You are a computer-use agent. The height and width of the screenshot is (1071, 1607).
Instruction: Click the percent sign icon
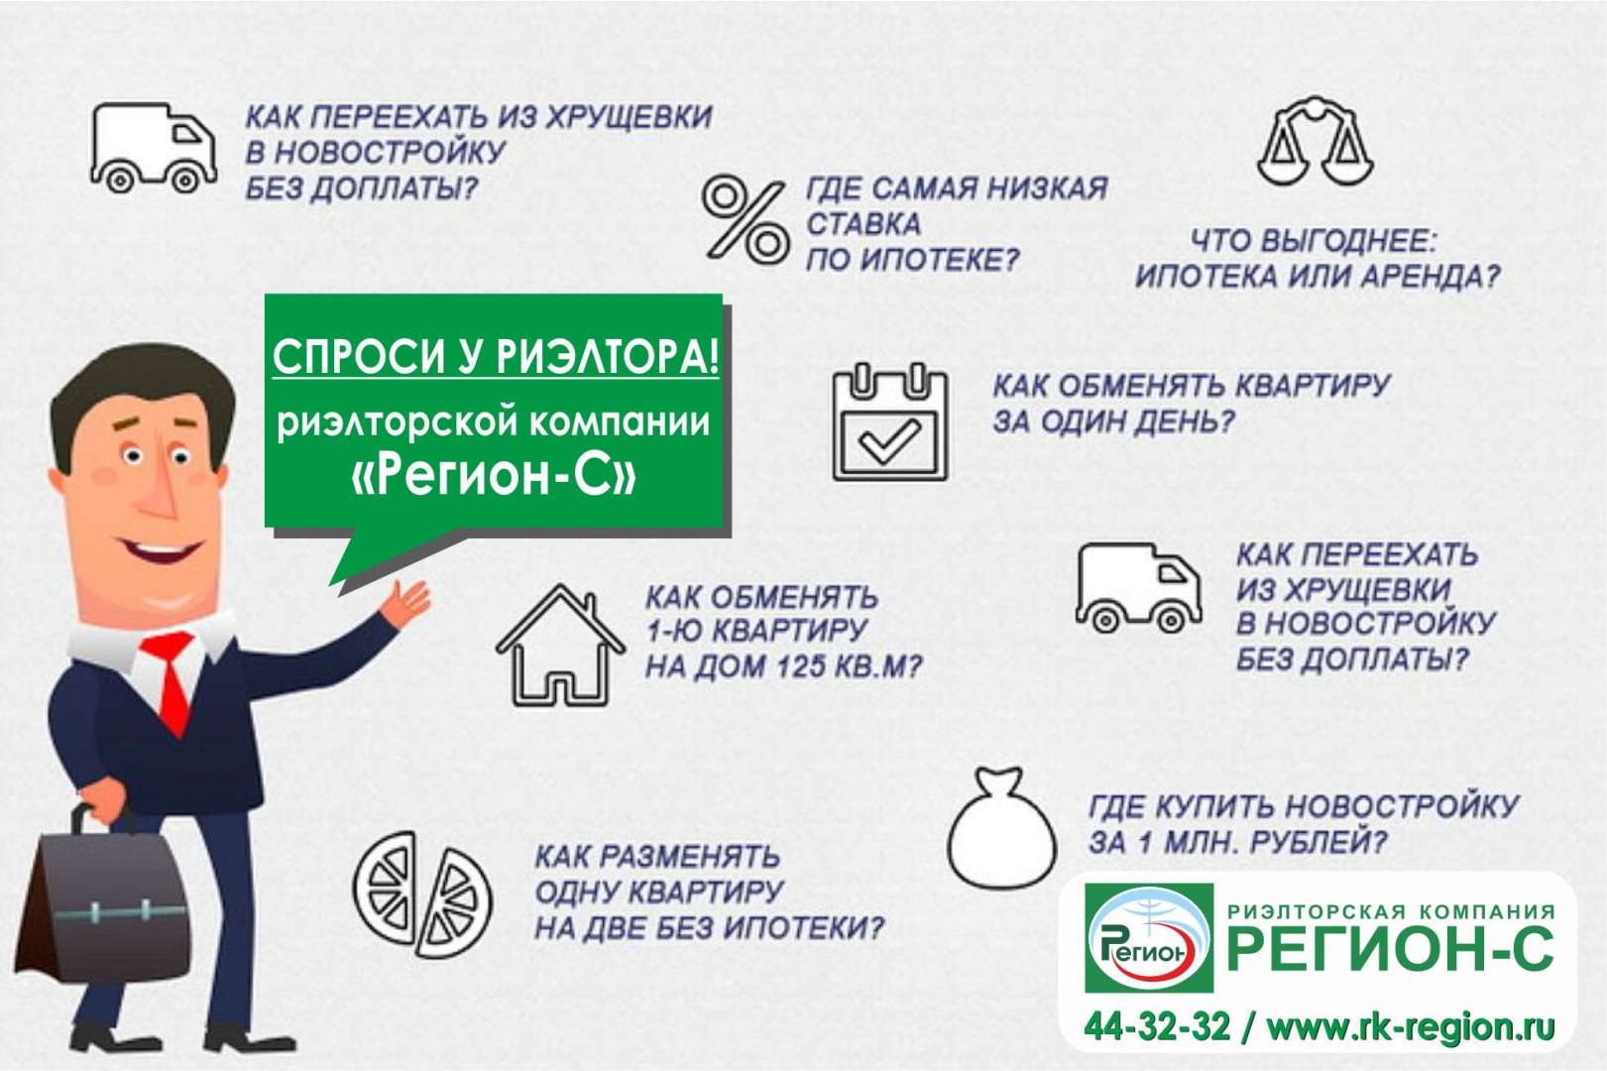[743, 220]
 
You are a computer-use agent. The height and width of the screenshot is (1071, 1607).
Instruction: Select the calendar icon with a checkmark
[890, 422]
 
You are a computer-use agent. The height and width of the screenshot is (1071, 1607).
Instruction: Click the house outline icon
[560, 646]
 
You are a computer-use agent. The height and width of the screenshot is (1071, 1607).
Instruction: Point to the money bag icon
[1001, 828]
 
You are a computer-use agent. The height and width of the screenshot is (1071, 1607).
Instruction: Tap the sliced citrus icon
[422, 894]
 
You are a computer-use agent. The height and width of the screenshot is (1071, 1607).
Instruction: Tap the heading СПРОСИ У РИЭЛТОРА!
[496, 356]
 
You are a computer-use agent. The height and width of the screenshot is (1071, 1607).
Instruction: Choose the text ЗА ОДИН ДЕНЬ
[1114, 422]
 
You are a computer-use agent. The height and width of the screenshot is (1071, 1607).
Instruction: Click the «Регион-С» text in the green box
[495, 477]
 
